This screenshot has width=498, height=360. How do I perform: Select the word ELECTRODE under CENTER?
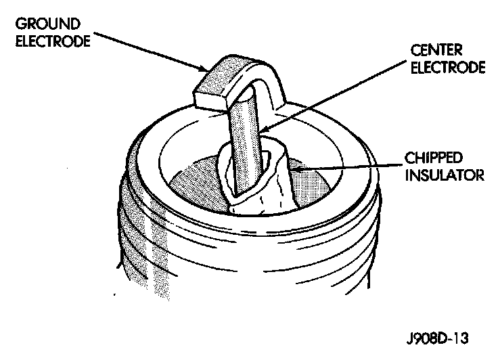pyautogui.click(x=449, y=68)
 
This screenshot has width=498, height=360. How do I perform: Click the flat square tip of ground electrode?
pyautogui.click(x=210, y=95)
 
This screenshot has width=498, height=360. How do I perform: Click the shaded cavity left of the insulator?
pyautogui.click(x=196, y=179)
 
